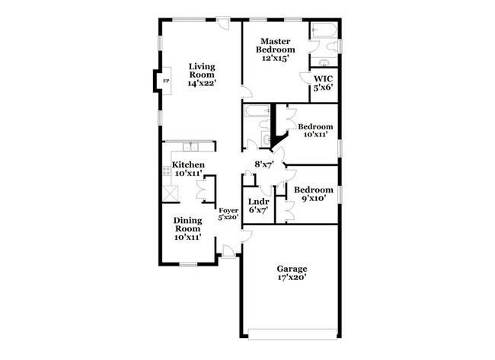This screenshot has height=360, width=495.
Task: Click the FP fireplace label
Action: [166, 81]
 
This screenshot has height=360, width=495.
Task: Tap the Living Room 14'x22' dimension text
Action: [202, 83]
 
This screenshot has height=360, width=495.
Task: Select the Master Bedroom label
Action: [275, 46]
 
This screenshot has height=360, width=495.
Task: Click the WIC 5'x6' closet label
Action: [323, 83]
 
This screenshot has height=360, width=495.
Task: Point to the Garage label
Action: [292, 269]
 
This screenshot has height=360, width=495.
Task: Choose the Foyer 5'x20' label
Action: [228, 214]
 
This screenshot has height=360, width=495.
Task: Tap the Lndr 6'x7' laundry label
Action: [259, 205]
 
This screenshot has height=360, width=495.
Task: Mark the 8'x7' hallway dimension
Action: [264, 164]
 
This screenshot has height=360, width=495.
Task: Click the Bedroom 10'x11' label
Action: [315, 130]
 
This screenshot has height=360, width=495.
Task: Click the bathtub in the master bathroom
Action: [323, 30]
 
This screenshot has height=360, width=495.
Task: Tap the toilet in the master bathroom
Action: [332, 47]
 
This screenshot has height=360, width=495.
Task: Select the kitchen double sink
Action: [190, 147]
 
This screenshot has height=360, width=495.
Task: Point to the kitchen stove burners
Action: [166, 171]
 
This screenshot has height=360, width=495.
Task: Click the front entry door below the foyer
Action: [228, 253]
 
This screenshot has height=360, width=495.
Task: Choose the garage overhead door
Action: [292, 334]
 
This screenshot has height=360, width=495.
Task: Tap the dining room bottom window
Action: [188, 264]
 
